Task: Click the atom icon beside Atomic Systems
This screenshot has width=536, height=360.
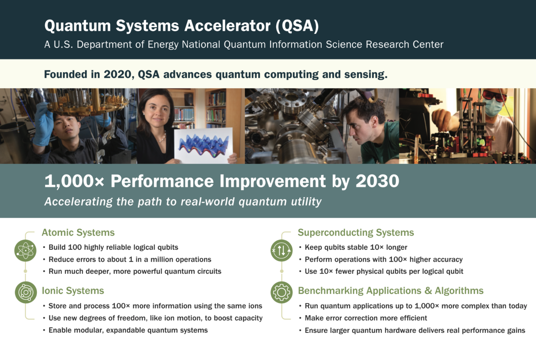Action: pyautogui.click(x=25, y=250)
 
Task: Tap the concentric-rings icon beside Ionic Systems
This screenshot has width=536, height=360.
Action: pyautogui.click(x=26, y=292)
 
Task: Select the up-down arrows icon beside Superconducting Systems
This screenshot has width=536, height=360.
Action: pyautogui.click(x=281, y=250)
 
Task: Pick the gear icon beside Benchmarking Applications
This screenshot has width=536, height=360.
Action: pyautogui.click(x=281, y=292)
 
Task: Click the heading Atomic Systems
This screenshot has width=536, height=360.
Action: pyautogui.click(x=78, y=233)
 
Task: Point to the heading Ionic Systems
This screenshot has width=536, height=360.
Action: pyautogui.click(x=73, y=291)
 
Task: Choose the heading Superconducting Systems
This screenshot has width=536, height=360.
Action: pyautogui.click(x=356, y=233)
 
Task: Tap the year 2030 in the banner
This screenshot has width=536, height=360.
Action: pyautogui.click(x=377, y=181)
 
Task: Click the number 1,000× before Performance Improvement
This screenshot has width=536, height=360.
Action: pyautogui.click(x=74, y=181)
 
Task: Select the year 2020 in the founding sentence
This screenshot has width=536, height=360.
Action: pyautogui.click(x=118, y=74)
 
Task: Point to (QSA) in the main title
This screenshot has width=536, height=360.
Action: pyautogui.click(x=297, y=26)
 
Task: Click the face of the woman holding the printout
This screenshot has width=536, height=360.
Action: pyautogui.click(x=157, y=112)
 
